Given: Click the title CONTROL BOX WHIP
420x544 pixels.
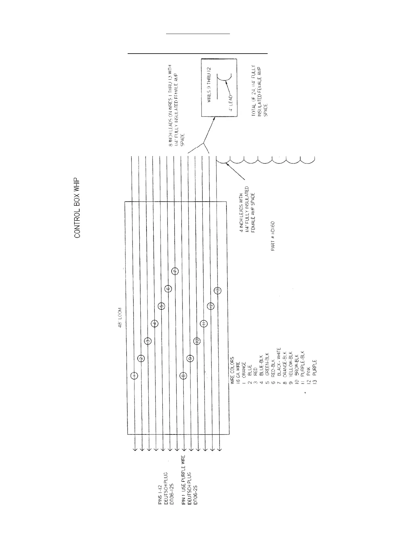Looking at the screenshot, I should click(77, 208).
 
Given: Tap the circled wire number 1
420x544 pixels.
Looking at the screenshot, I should click(134, 376).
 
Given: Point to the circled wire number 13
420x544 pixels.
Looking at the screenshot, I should click(218, 291).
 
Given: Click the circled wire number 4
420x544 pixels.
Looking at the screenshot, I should click(155, 324).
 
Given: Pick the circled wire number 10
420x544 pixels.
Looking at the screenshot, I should click(196, 341).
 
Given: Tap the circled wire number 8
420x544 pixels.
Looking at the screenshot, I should click(183, 376).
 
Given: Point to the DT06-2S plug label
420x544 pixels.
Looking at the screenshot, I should click(196, 492).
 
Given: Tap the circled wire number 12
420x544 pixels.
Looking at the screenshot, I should click(211, 306).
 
